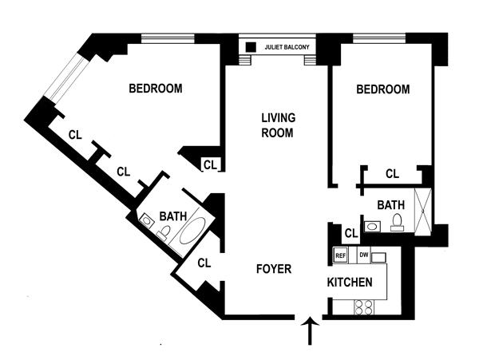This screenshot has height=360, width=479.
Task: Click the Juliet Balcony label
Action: tap(289, 48)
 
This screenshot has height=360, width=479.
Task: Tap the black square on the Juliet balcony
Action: tap(251, 47)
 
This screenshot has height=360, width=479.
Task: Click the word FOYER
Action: tap(273, 269)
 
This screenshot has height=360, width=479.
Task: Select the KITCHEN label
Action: tap(350, 283)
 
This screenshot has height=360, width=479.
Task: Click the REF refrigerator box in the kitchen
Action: tap(340, 255)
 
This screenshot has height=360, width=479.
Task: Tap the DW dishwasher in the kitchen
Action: tap(363, 255)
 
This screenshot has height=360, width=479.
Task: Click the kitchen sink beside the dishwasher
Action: tap(379, 256)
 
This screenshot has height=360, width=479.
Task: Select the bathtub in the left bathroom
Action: tap(192, 231)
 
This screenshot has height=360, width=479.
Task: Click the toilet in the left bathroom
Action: tap(164, 232)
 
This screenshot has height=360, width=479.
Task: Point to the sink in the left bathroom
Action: tap(147, 219)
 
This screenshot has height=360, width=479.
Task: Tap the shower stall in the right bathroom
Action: tap(423, 208)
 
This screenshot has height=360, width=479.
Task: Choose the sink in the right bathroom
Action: tap(372, 226)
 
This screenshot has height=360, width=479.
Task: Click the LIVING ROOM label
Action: tap(279, 125)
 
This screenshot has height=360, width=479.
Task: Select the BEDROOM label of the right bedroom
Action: tap(383, 89)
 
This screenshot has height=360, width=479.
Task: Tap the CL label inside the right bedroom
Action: tap(392, 173)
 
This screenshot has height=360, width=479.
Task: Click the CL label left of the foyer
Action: tap(204, 262)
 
